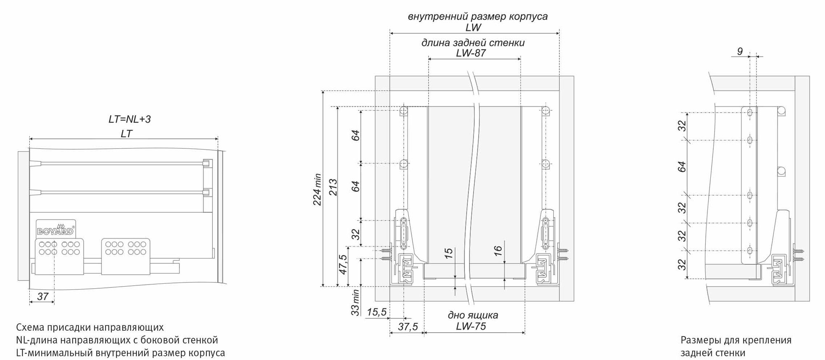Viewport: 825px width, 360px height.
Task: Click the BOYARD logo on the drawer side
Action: (56, 230)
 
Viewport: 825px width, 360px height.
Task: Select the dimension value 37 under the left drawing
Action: (43, 296)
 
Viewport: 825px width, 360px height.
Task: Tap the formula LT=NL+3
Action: (130, 119)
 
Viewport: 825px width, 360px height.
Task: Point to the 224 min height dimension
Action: (317, 189)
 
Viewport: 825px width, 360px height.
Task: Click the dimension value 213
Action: (333, 187)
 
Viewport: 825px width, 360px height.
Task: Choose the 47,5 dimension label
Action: (343, 264)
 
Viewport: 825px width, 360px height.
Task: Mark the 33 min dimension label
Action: (355, 303)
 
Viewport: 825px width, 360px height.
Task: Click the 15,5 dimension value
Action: (377, 312)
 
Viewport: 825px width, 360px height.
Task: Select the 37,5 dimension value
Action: (408, 327)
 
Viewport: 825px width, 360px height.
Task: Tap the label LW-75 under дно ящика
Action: (471, 326)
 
